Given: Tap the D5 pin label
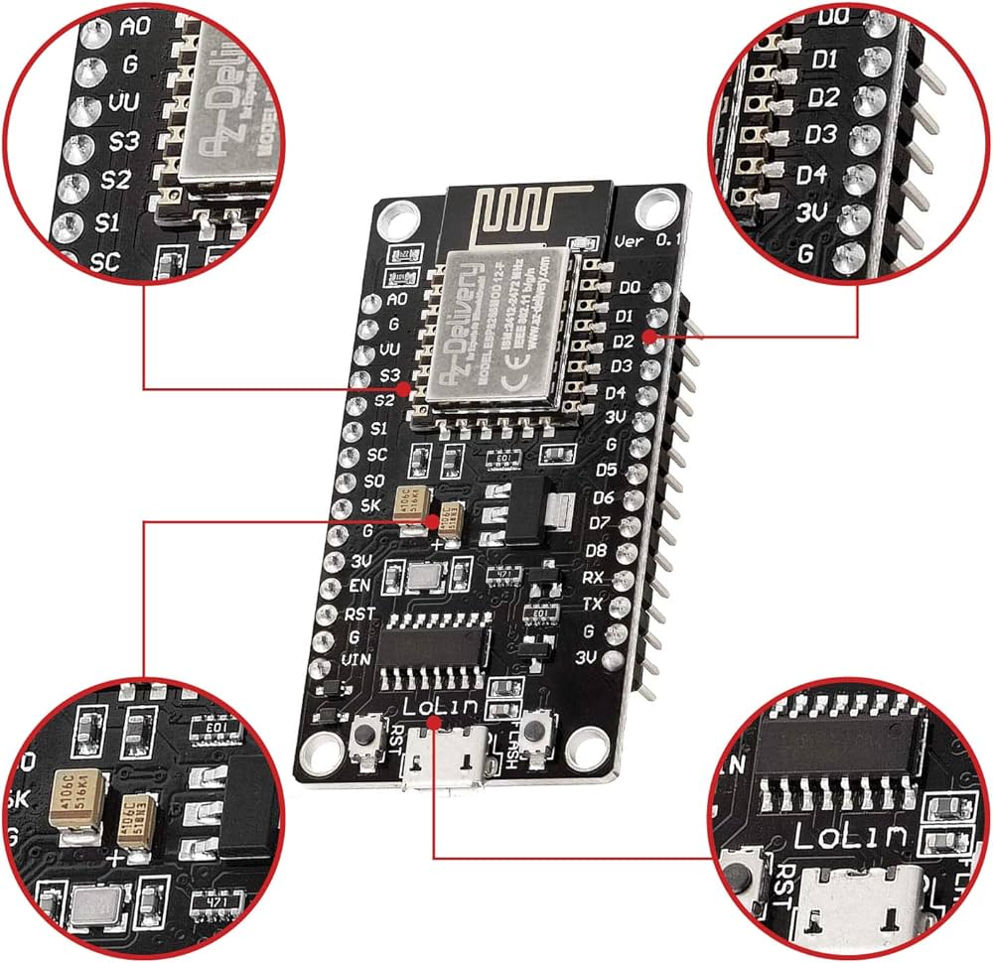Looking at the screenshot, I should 606,469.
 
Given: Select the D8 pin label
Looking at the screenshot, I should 596,549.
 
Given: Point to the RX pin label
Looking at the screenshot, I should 593,576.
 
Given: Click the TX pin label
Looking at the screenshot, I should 590,603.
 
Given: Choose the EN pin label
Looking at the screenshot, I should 360,586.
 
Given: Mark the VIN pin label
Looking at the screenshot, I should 355,659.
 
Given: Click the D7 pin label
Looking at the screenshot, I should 600,522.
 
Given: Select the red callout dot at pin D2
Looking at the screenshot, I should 649,337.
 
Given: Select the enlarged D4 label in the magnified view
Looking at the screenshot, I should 811,175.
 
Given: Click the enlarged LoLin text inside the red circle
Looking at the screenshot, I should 849,836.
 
